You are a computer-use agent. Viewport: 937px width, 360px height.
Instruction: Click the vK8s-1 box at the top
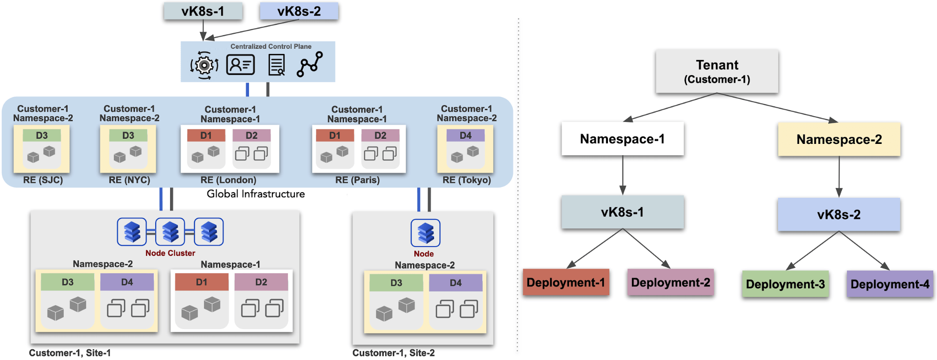coord(203,11)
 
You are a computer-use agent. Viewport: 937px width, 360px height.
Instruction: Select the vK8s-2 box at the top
coord(299,11)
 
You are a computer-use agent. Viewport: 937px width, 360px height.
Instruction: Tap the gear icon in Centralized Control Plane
coord(204,65)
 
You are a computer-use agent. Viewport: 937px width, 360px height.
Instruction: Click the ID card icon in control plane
coord(240,65)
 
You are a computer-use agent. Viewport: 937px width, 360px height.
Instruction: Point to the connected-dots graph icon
coord(310,64)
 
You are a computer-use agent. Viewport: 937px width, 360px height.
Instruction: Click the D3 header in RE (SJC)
coord(42,135)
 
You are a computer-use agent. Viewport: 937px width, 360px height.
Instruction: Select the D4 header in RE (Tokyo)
coord(465,135)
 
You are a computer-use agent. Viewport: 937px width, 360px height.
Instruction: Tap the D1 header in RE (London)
coord(206,135)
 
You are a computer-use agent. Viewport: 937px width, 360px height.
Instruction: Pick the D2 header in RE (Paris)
coord(380,135)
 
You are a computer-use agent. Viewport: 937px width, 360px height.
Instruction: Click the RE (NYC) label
coord(129,180)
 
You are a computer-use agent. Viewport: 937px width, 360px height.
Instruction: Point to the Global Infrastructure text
coord(255,194)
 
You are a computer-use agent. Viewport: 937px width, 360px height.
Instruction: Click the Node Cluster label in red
coord(170,253)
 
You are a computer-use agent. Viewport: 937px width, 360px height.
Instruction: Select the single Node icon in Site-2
coord(426,232)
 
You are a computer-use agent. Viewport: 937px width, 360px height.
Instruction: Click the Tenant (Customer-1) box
coord(717,71)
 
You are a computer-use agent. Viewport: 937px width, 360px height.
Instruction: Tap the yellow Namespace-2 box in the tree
coord(839,139)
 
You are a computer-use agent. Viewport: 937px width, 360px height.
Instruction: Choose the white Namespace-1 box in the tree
coord(622,139)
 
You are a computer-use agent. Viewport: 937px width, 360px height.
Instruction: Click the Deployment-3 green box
coord(785,284)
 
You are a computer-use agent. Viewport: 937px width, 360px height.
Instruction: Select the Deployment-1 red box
coord(566,282)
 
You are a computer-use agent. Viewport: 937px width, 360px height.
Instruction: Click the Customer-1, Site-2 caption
coord(393,353)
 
